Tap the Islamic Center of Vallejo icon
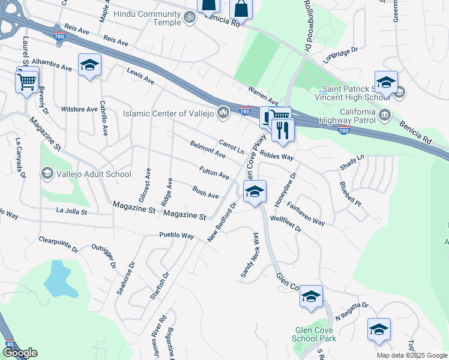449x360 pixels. coord(223,113)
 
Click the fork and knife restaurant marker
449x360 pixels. coord(283,130)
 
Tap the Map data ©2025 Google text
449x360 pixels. coord(412,355)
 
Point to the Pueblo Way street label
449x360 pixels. coord(176,235)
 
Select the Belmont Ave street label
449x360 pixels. coord(208,150)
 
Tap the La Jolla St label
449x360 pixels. coord(71,212)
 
